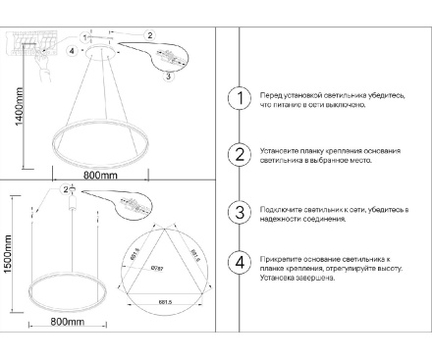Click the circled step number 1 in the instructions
coord(237,98)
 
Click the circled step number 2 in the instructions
coord(237,155)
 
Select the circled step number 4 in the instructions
coord(237,262)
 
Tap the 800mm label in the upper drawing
coord(100,176)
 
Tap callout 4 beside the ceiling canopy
coord(72,49)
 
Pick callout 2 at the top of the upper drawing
coord(149,35)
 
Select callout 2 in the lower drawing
coord(65,189)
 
